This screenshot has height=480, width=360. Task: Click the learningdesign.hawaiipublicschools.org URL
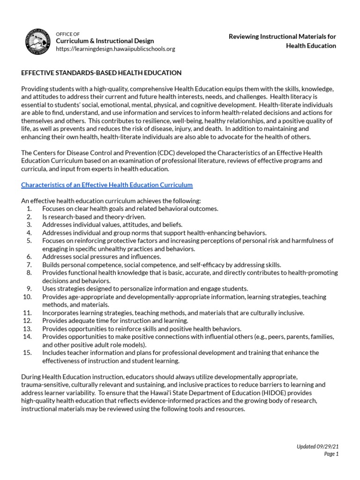click(x=115, y=49)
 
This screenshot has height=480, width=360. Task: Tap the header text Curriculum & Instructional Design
click(x=105, y=41)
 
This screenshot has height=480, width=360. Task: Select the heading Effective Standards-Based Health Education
click(x=101, y=73)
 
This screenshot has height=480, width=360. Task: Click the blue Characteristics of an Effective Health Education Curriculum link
click(x=107, y=185)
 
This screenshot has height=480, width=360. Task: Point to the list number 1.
click(x=29, y=209)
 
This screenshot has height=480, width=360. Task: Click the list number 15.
click(x=27, y=352)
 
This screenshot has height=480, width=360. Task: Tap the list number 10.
click(x=27, y=297)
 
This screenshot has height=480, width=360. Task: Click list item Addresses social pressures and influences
click(x=101, y=256)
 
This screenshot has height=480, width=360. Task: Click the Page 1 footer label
click(x=331, y=454)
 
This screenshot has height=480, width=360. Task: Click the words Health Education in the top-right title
click(x=311, y=46)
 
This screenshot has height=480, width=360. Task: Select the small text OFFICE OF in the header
click(x=68, y=34)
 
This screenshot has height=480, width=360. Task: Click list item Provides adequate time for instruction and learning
click(x=115, y=321)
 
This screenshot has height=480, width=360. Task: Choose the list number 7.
click(x=29, y=265)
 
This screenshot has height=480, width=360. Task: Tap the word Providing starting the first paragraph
click(x=34, y=89)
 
